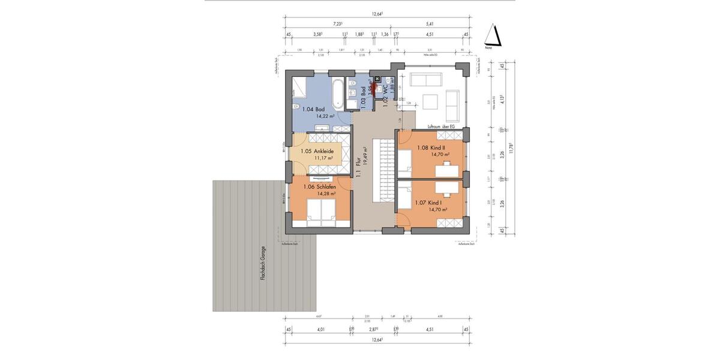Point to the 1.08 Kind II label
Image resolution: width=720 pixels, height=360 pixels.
pos(430,147)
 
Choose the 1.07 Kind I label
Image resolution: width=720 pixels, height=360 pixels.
pos(427,203)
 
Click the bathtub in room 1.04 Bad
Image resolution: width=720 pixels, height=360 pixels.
pos(337,92)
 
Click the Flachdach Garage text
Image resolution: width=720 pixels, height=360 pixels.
pos(262,274)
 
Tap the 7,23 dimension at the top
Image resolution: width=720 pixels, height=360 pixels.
pos(340,24)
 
